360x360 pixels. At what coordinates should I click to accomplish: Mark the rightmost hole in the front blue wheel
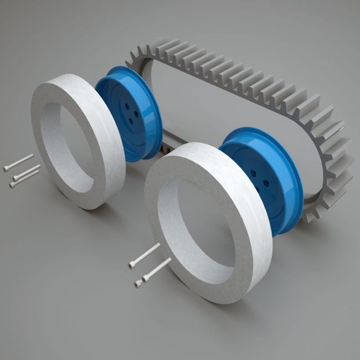266,182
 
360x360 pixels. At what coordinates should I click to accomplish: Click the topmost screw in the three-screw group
19,162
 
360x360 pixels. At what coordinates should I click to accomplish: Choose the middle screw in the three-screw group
27,172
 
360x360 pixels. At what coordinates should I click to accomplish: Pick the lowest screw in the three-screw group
24,179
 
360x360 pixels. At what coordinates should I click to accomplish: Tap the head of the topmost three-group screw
6,168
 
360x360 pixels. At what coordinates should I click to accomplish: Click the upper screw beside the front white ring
145,255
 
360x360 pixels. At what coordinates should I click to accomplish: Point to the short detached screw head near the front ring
137,284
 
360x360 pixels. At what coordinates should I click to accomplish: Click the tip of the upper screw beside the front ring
159,245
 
